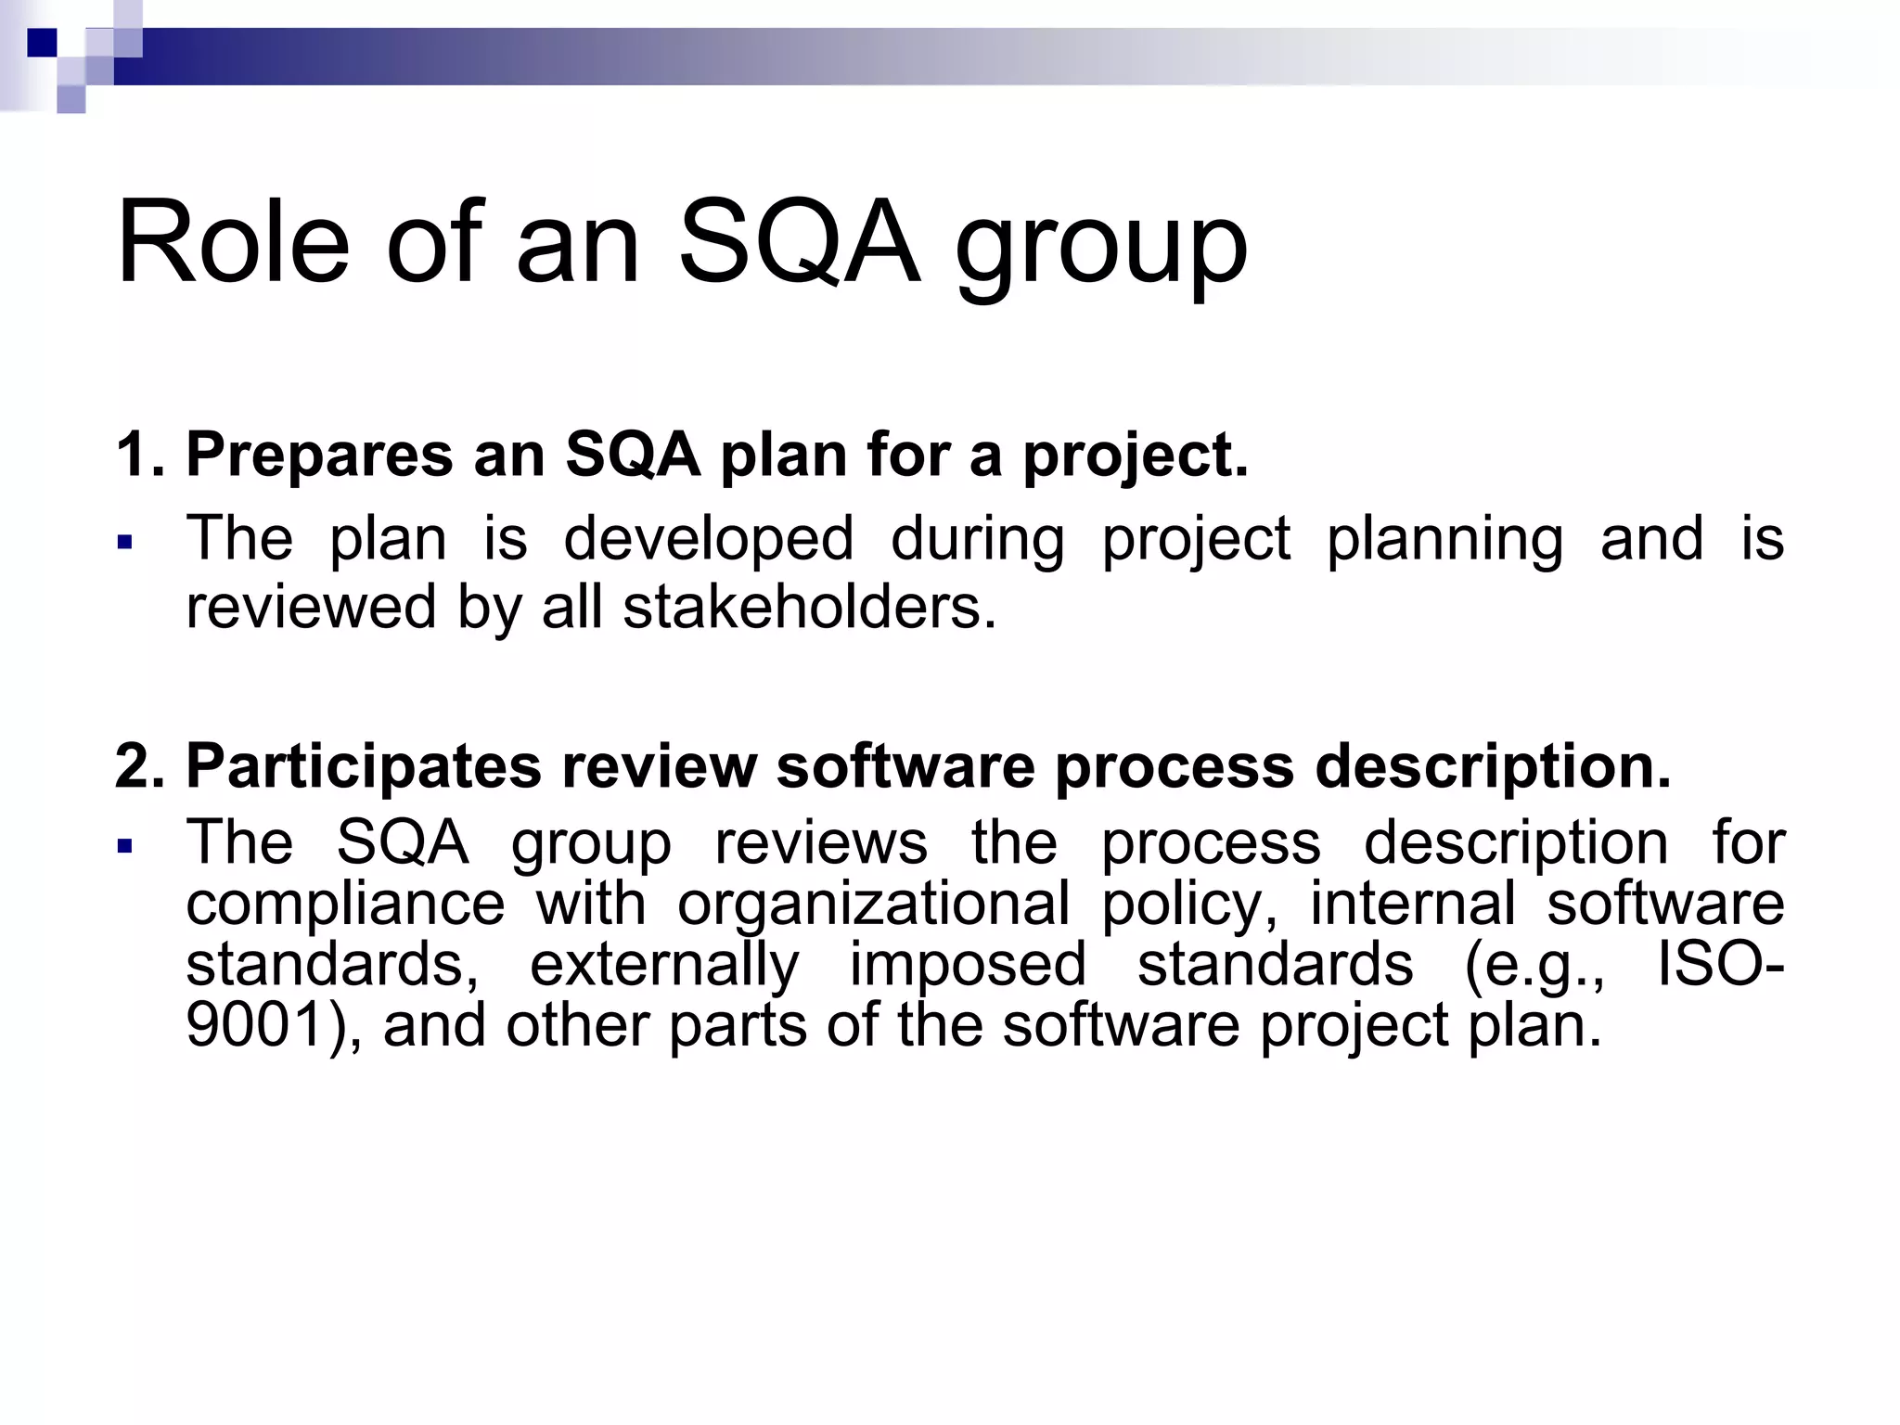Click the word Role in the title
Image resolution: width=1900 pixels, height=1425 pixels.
(233, 243)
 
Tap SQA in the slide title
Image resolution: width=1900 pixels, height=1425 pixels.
(799, 243)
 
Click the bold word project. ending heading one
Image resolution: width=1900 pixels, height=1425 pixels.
(1136, 458)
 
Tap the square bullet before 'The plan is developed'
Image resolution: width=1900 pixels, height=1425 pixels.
(125, 541)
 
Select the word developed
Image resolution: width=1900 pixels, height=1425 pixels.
(708, 540)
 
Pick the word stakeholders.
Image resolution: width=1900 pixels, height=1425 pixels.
(809, 608)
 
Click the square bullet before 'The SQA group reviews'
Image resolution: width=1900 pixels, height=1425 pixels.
(125, 845)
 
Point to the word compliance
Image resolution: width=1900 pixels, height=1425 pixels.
(345, 905)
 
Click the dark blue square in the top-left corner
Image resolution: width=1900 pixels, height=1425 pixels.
(42, 43)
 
